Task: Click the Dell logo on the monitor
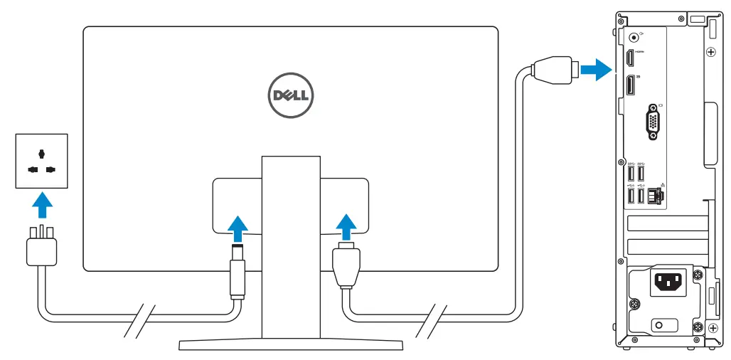coord(290,95)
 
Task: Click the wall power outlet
coord(42,161)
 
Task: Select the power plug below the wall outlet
coord(41,250)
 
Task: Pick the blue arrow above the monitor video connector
coord(346,227)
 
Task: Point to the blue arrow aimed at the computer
coord(594,70)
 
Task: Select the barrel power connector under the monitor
coord(238,274)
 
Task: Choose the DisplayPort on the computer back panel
coord(630,86)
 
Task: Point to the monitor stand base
coord(291,345)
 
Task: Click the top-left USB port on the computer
coord(630,173)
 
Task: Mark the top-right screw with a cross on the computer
coord(710,52)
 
